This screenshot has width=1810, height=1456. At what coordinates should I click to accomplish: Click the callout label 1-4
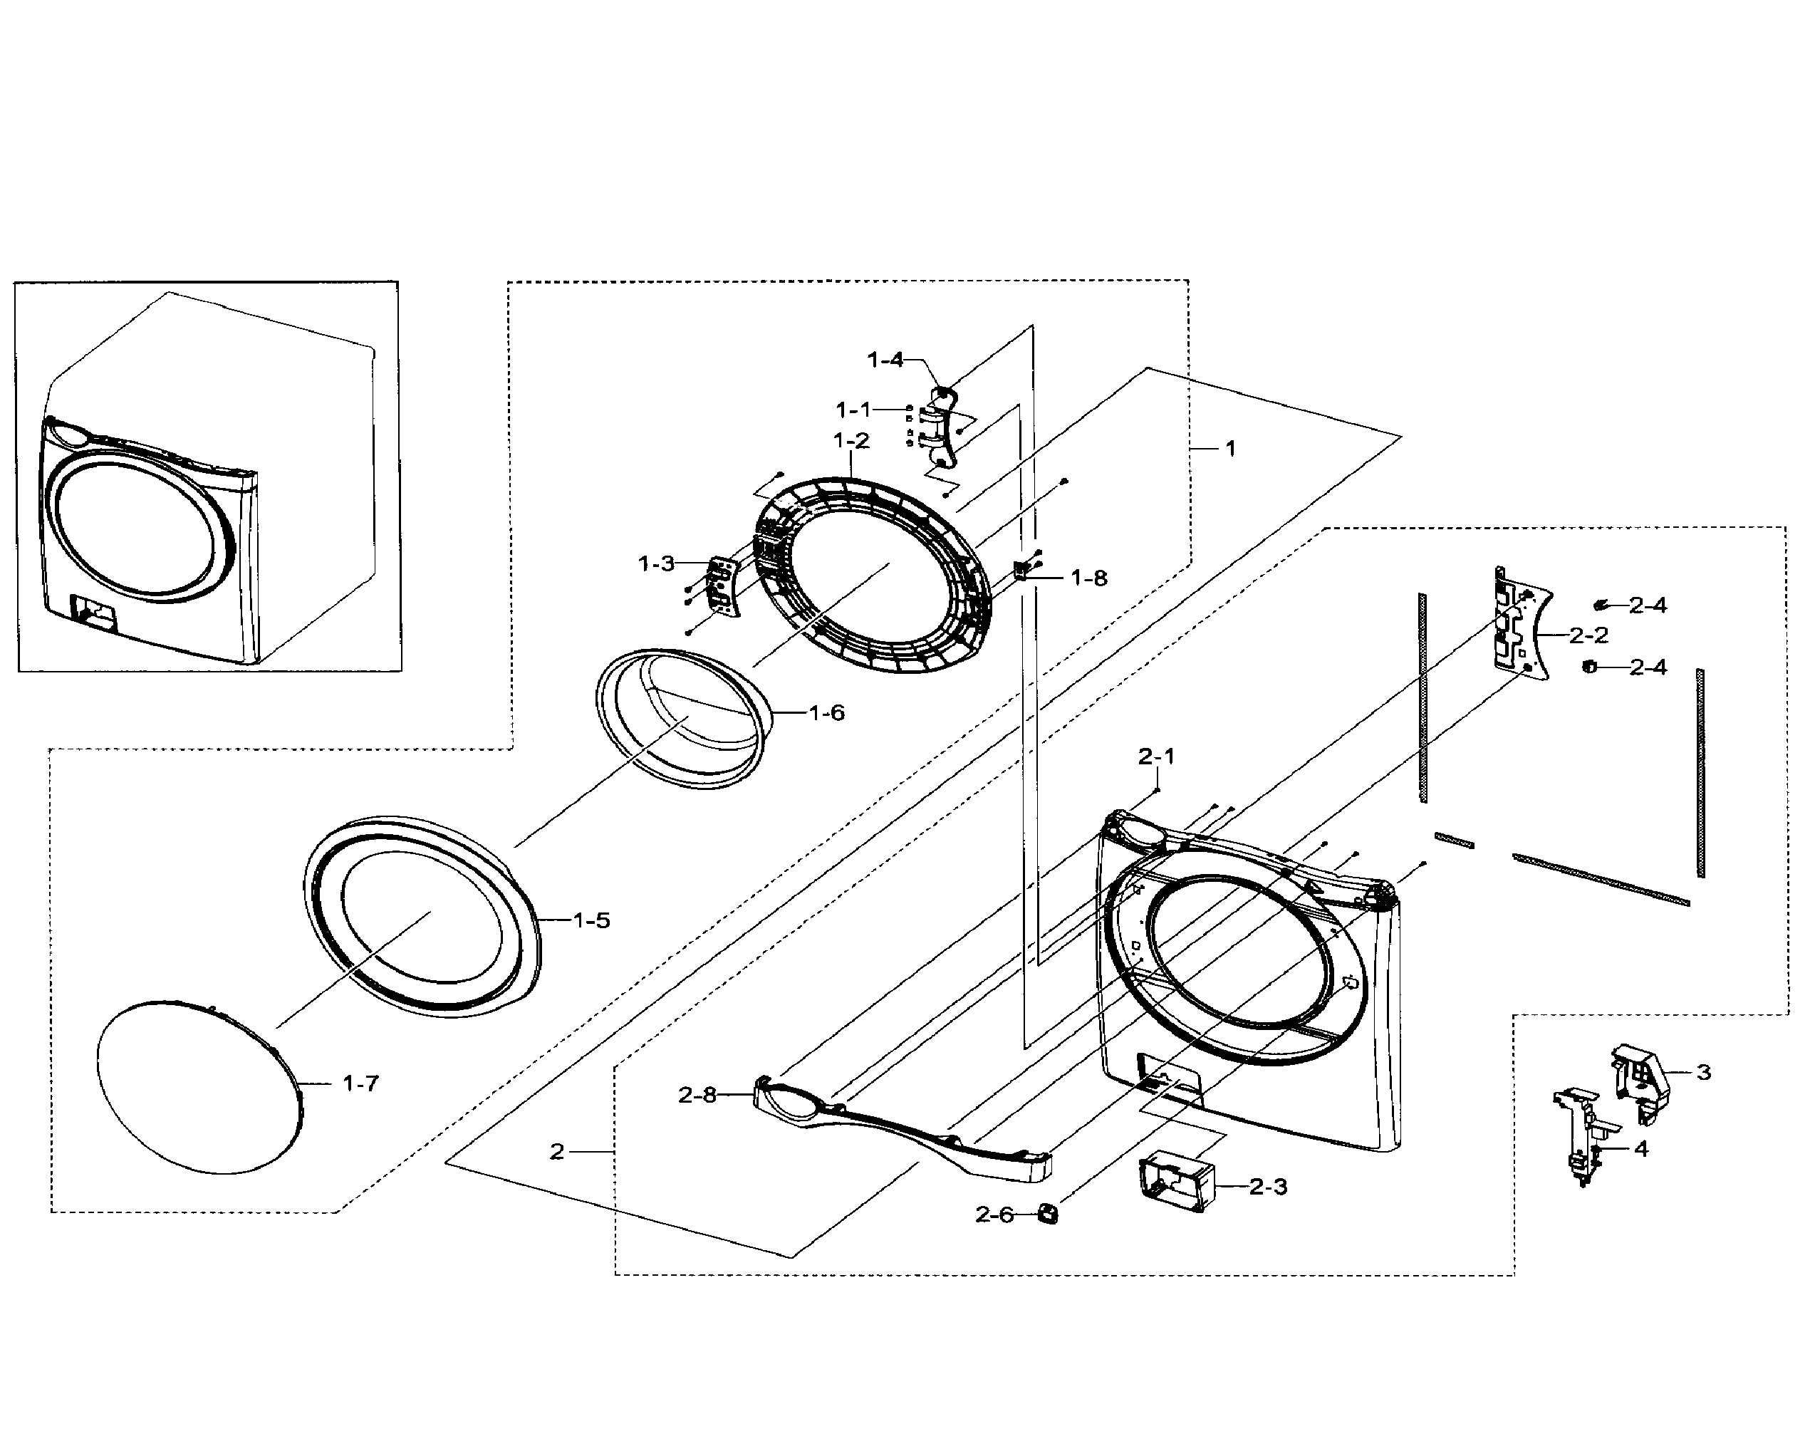[x=885, y=360]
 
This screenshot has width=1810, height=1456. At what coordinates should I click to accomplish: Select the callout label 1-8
[x=1089, y=578]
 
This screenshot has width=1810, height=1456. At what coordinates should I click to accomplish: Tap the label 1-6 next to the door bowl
[x=826, y=713]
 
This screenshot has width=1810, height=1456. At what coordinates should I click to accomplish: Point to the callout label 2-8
[x=697, y=1095]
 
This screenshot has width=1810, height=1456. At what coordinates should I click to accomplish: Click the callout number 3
[x=1703, y=1072]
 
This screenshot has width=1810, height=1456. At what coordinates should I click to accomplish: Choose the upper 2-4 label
[x=1647, y=605]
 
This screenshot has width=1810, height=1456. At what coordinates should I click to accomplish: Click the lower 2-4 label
[x=1647, y=667]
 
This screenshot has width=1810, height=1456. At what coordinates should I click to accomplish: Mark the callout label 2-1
[x=1156, y=756]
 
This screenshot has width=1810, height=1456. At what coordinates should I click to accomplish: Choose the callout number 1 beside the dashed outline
[x=1230, y=449]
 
